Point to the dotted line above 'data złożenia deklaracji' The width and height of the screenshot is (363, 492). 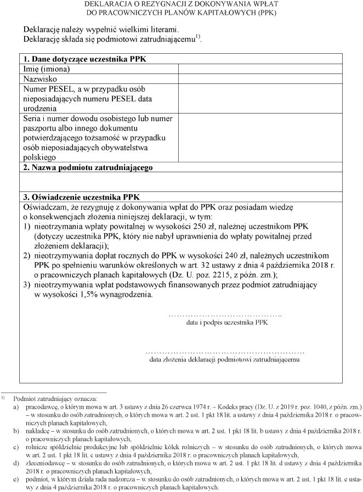coord(225,351)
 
